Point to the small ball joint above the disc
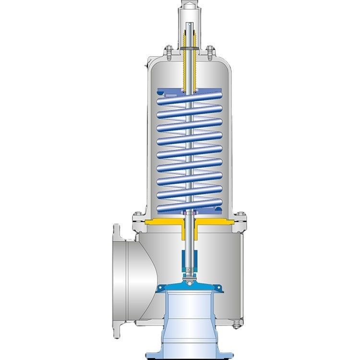coord(189,276)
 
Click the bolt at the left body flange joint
coord(136,215)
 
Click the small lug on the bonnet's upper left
coord(149,62)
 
